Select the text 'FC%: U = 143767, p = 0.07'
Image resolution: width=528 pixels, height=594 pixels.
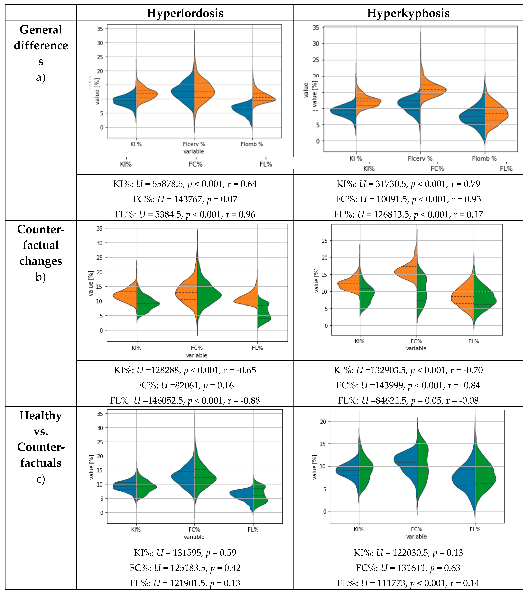(x=185, y=199)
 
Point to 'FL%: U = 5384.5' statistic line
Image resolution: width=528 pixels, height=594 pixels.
(x=185, y=214)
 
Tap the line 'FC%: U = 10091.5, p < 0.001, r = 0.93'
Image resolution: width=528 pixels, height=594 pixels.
(x=408, y=199)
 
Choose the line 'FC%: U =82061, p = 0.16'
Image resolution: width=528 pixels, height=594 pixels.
(x=185, y=385)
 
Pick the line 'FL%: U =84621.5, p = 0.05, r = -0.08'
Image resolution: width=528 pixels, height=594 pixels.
(x=408, y=400)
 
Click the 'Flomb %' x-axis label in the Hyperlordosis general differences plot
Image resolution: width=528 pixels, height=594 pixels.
(x=252, y=144)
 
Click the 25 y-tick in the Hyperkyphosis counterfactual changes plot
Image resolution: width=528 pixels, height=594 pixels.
(x=325, y=241)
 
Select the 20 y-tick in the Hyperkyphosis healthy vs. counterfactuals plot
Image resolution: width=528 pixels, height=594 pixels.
(x=323, y=421)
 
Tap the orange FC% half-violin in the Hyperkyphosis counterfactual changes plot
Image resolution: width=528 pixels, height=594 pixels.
(x=407, y=273)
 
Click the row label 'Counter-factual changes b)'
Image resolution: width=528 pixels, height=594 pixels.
(x=41, y=253)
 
